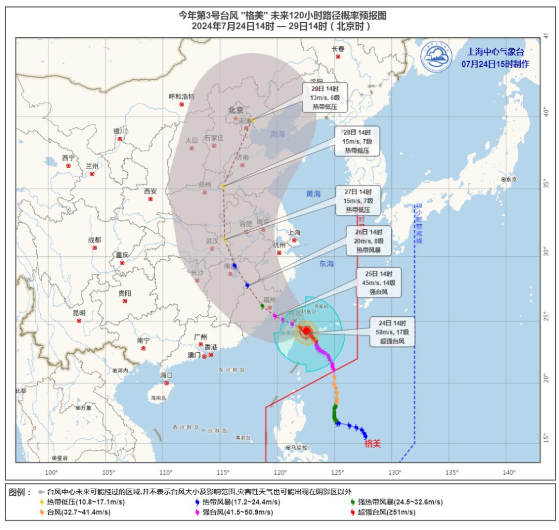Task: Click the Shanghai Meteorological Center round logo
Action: pyautogui.click(x=436, y=57)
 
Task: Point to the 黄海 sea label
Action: pyautogui.click(x=313, y=194)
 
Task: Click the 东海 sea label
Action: pyautogui.click(x=327, y=264)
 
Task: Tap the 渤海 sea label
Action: pyautogui.click(x=277, y=134)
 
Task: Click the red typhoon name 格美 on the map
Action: pyautogui.click(x=373, y=443)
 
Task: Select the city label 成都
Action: pyautogui.click(x=95, y=240)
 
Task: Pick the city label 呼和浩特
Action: pyautogui.click(x=182, y=97)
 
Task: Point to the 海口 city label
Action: pyautogui.click(x=166, y=375)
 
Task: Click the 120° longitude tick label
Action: pyautogui.click(x=281, y=472)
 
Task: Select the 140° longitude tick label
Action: pyautogui.click(x=509, y=472)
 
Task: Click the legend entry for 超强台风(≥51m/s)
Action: pyautogui.click(x=384, y=512)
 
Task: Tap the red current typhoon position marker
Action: pyautogui.click(x=306, y=331)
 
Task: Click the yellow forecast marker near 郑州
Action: pyautogui.click(x=224, y=186)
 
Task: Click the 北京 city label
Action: pyautogui.click(x=236, y=110)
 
